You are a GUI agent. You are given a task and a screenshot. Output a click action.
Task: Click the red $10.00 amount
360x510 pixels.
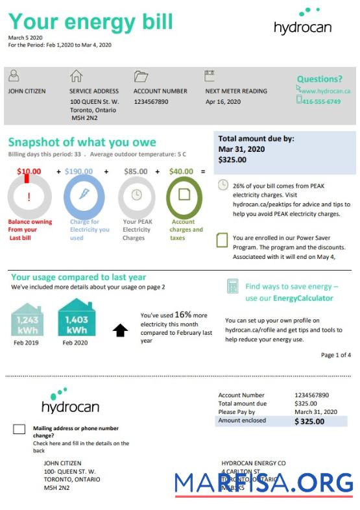(29, 172)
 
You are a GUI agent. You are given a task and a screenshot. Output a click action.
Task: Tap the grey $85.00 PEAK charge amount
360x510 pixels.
(135, 172)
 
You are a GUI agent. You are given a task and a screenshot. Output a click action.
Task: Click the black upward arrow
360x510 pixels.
(120, 330)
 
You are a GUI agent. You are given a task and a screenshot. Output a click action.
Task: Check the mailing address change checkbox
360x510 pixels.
(19, 429)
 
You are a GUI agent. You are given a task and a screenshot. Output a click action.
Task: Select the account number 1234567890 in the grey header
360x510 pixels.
(150, 102)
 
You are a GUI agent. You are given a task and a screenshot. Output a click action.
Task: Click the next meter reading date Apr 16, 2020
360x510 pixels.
(223, 102)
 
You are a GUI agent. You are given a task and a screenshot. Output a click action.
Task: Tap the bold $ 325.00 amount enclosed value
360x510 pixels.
(309, 421)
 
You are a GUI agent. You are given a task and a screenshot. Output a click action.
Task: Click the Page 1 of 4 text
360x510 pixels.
(336, 355)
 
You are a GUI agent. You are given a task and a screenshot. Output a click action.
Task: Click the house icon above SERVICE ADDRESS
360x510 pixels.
(76, 76)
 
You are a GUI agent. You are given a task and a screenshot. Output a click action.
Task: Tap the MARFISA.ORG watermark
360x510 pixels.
(263, 483)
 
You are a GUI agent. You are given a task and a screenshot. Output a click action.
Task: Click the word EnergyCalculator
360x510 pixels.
(303, 298)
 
